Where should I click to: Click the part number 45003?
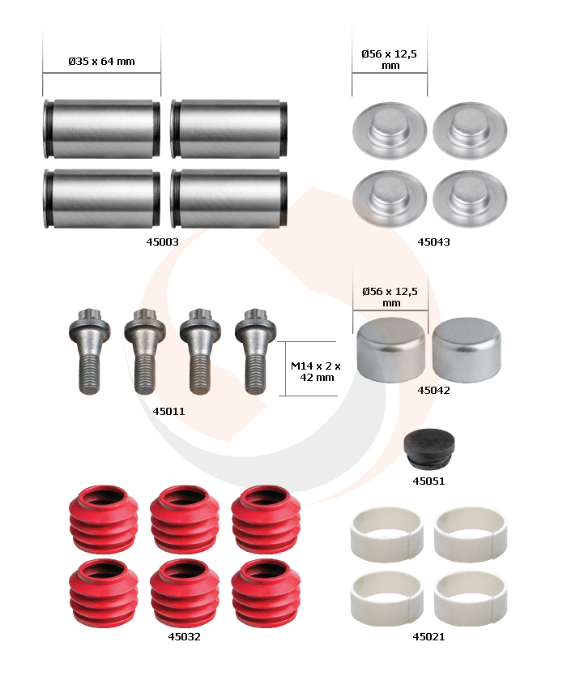tap(162, 242)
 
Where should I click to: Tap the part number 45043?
tap(433, 242)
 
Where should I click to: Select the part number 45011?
tap(168, 411)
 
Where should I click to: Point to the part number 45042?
tap(433, 390)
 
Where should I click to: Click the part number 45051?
tap(428, 481)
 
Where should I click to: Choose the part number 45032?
tap(184, 636)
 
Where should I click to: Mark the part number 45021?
tap(428, 636)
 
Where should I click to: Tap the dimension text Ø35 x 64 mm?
tap(101, 62)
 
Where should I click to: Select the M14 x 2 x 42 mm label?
tap(316, 372)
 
